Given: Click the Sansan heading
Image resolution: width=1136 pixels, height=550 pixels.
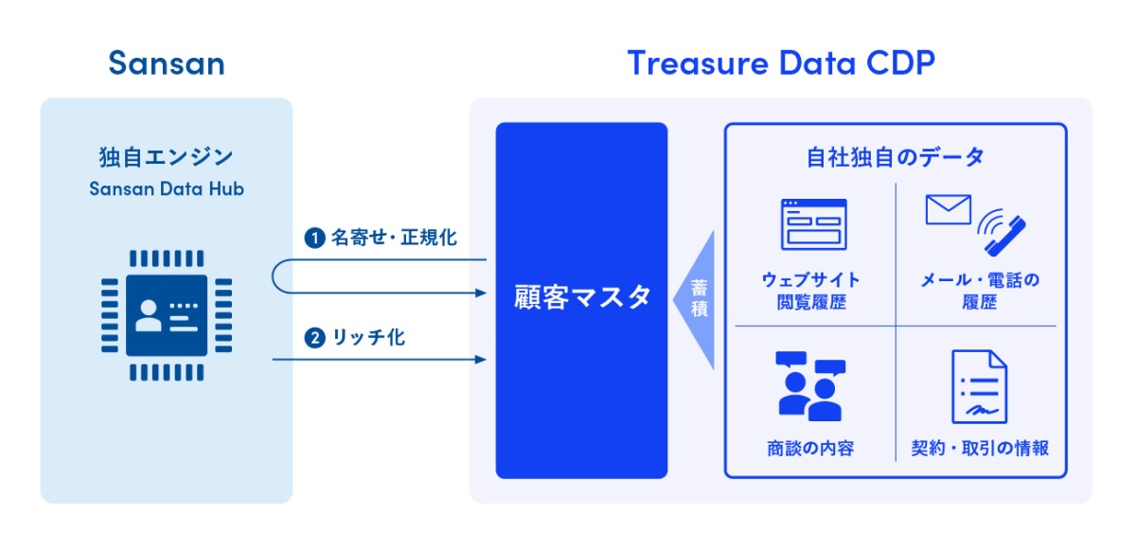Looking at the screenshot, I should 167,63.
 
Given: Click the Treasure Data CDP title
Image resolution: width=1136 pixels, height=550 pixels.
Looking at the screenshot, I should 781,63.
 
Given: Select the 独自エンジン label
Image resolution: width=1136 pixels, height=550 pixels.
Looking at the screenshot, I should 167,156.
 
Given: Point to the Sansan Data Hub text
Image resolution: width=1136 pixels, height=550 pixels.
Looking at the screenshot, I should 167,188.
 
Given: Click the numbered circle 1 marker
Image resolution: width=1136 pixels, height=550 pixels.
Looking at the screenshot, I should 313,238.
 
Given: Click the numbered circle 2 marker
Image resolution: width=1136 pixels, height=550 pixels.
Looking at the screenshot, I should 313,338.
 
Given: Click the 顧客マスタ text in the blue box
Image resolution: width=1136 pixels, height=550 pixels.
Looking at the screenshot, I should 581,297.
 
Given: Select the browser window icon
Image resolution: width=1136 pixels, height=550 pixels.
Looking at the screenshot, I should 812,225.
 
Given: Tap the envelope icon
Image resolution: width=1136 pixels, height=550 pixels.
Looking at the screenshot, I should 949,209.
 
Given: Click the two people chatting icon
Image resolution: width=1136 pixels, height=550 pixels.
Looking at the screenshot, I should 809,386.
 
